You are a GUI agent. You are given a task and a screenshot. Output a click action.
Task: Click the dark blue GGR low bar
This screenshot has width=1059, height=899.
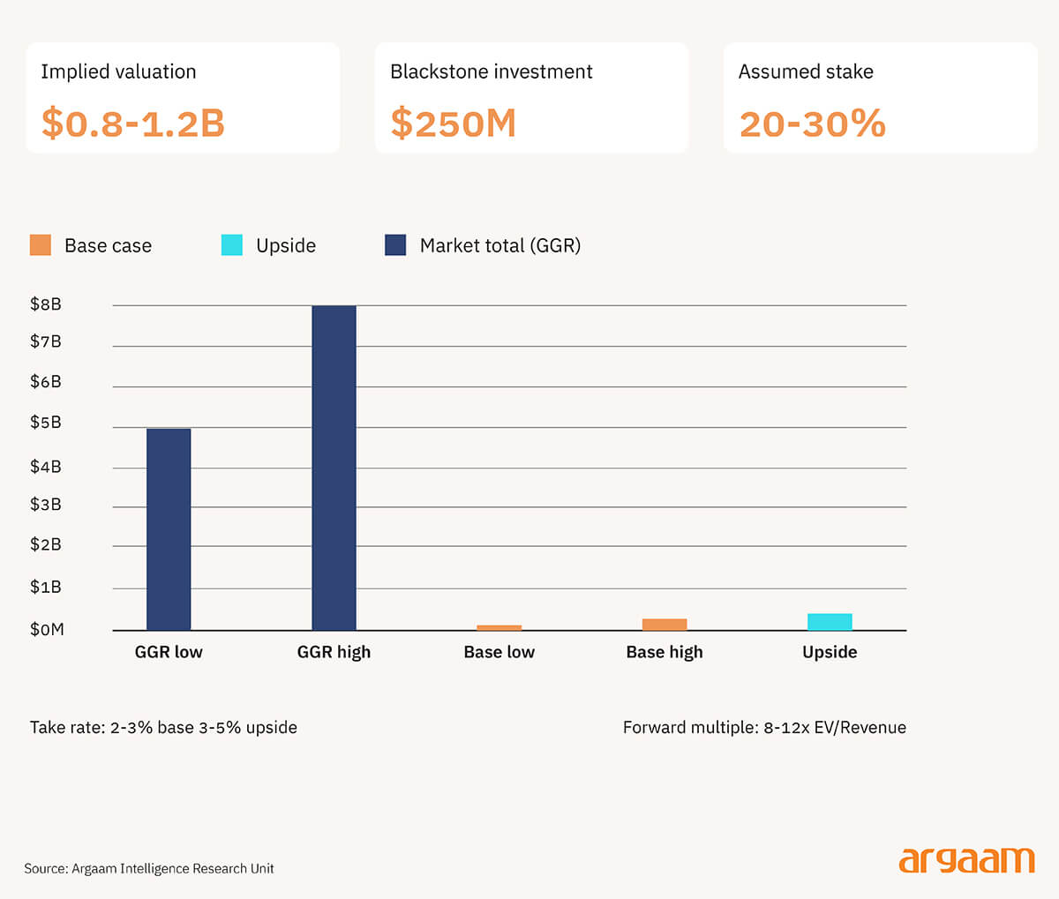click(x=169, y=529)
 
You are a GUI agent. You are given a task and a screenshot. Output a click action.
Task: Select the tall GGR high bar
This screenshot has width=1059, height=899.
click(x=334, y=468)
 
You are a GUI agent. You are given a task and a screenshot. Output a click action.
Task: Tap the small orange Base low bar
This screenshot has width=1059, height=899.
click(x=499, y=627)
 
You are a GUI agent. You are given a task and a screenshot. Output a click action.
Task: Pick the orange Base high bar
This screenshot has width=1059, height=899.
click(x=665, y=625)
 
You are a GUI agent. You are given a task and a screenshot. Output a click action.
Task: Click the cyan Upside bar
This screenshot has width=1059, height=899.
click(x=830, y=622)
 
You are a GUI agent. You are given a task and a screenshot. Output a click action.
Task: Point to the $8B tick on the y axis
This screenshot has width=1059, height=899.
click(x=46, y=304)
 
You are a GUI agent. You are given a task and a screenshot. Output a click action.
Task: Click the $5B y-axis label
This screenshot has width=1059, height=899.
click(x=46, y=423)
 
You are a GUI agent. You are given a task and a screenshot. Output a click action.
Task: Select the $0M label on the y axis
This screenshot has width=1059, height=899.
click(x=47, y=630)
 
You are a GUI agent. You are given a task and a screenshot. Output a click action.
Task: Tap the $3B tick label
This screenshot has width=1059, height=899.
click(x=46, y=505)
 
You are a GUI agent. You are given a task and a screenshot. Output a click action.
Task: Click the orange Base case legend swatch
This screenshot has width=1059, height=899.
click(x=41, y=245)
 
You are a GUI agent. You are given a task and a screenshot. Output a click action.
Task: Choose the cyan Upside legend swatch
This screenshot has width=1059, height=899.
click(x=232, y=245)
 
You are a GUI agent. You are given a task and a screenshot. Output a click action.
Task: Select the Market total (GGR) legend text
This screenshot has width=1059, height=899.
click(x=499, y=245)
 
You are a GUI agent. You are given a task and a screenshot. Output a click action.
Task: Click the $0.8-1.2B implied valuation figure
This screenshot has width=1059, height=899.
click(x=133, y=124)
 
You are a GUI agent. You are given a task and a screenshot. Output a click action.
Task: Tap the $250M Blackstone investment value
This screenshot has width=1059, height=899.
click(x=453, y=124)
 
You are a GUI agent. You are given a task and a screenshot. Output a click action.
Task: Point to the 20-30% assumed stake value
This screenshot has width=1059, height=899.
click(x=812, y=124)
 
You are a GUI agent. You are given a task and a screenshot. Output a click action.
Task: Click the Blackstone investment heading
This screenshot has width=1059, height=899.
click(x=491, y=71)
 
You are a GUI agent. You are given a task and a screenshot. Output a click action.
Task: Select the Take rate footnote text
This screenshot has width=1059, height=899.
click(x=163, y=728)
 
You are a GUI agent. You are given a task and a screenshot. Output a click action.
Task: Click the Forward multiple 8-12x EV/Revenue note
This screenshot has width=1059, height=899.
click(x=764, y=728)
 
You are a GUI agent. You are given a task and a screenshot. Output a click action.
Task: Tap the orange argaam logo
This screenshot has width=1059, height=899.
click(x=966, y=860)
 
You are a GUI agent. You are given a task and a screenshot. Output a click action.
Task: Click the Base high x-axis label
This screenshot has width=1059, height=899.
click(x=665, y=652)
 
